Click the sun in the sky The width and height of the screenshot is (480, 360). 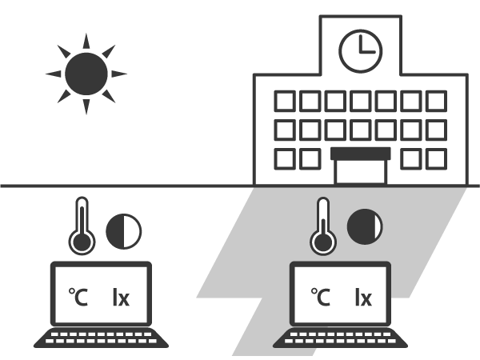(x=86, y=74)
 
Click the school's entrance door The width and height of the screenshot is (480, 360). (x=360, y=170)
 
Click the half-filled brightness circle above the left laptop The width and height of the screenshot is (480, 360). (x=123, y=230)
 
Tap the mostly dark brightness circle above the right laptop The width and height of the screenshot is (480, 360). (x=365, y=226)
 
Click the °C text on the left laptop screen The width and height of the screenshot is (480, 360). (x=79, y=298)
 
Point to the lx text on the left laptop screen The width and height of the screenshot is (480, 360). (x=121, y=298)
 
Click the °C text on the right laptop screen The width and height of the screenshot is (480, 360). (x=321, y=298)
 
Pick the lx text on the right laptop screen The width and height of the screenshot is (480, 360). (x=362, y=298)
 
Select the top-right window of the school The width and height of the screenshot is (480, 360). (x=435, y=102)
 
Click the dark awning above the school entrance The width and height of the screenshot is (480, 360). (x=360, y=153)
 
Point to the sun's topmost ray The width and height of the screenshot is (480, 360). (x=86, y=41)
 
